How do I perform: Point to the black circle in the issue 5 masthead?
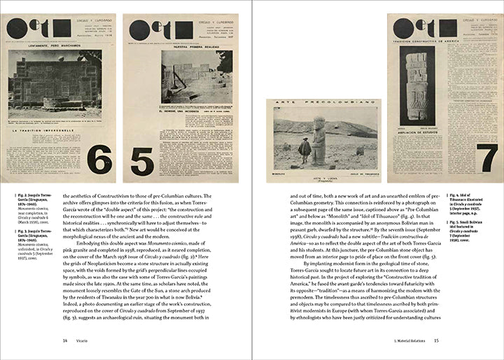[x=139, y=30]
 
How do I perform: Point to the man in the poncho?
[x=304, y=149]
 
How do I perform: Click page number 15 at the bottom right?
[x=435, y=341]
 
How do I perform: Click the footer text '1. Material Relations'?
[x=407, y=341]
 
